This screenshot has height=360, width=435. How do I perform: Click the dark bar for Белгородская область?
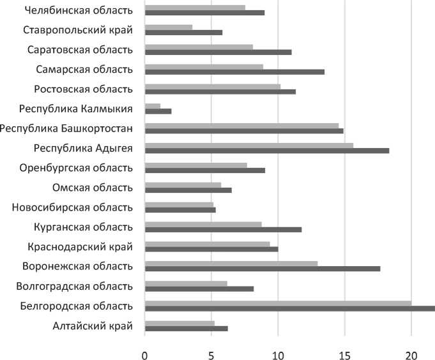[x=289, y=308]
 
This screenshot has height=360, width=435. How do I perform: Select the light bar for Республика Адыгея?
[x=249, y=146]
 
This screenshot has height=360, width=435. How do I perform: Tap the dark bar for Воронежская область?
[x=263, y=269]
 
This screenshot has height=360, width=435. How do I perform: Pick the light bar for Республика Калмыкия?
[x=153, y=106]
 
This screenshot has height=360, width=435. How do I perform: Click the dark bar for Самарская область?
[x=234, y=71]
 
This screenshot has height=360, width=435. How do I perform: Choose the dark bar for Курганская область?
[x=223, y=229]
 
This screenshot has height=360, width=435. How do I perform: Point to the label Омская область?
[x=92, y=188]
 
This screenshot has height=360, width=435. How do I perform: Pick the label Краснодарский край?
[x=80, y=246]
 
